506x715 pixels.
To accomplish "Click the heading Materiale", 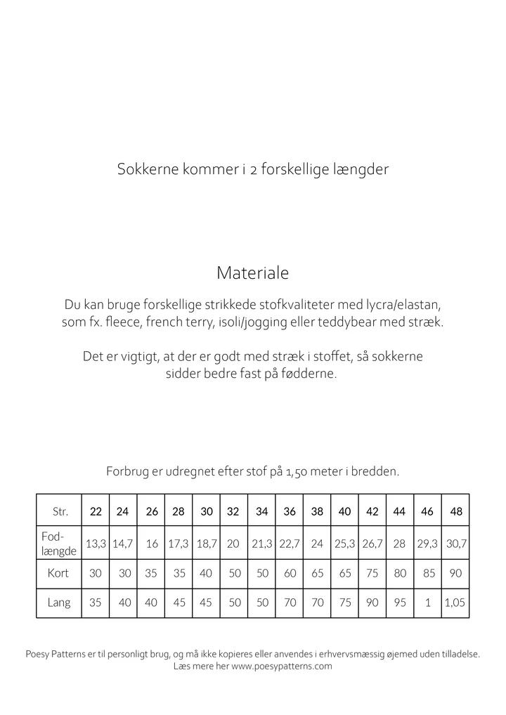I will pyautogui.click(x=252, y=272).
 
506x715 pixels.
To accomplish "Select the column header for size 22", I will pyautogui.click(x=96, y=511).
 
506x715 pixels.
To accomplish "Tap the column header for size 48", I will pyautogui.click(x=456, y=511).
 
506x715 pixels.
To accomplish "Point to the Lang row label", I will pyautogui.click(x=58, y=603).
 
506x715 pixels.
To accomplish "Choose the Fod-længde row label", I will pyautogui.click(x=58, y=542).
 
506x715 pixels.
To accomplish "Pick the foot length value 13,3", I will pyautogui.click(x=96, y=543).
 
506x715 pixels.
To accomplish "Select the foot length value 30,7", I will pyautogui.click(x=456, y=543).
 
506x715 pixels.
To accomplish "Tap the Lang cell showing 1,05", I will pyautogui.click(x=456, y=603).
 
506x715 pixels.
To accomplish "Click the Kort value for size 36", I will pyautogui.click(x=290, y=573).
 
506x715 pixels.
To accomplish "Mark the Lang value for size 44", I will pyautogui.click(x=400, y=603).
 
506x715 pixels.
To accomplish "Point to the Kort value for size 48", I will pyautogui.click(x=456, y=573).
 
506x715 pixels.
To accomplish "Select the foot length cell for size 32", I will pyautogui.click(x=234, y=543).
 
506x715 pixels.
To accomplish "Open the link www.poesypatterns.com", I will pyautogui.click(x=281, y=667).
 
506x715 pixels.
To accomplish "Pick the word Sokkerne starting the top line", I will pyautogui.click(x=143, y=170).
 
